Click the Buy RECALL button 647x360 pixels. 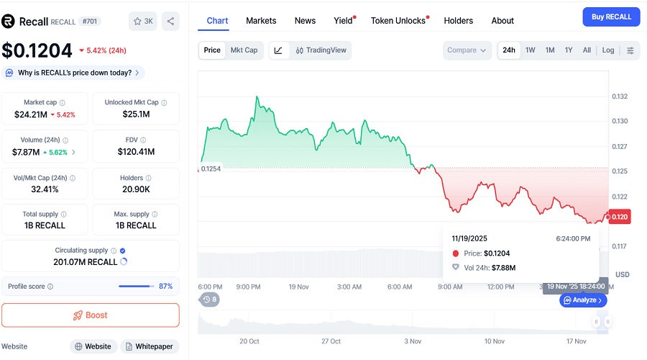(x=611, y=17)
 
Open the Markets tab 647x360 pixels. (x=261, y=21)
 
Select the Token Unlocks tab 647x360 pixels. (x=398, y=21)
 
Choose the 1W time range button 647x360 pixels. (x=530, y=50)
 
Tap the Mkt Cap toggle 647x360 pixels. (x=244, y=50)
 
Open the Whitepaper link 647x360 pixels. (x=150, y=346)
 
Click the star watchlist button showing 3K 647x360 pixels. (x=143, y=21)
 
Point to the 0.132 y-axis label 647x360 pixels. (x=620, y=96)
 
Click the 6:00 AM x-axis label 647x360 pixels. (x=399, y=287)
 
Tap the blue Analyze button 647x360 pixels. (x=583, y=300)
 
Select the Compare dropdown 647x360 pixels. (x=467, y=50)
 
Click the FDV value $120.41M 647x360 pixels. (x=136, y=152)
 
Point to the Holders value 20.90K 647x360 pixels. (x=136, y=189)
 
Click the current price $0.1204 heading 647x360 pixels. (x=37, y=50)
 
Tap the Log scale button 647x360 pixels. (x=608, y=50)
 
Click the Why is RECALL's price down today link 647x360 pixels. (x=75, y=73)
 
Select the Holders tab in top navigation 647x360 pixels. (x=458, y=21)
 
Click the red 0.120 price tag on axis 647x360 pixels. (x=620, y=217)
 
